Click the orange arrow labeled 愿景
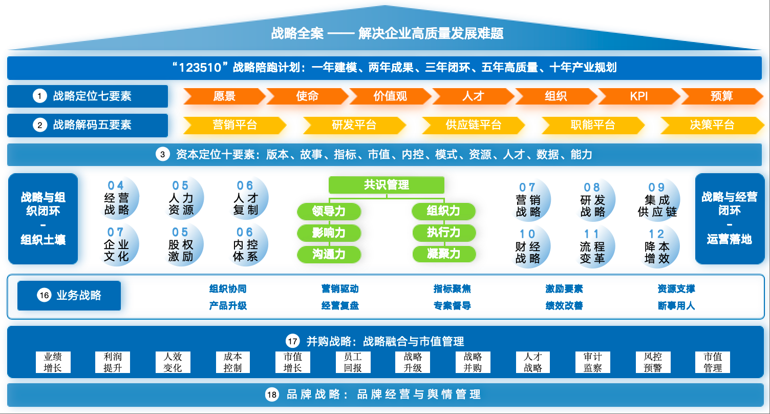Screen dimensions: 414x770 point(224,96)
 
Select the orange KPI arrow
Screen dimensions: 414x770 point(639,96)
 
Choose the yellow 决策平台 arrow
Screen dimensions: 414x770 point(712,125)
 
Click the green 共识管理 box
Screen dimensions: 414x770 point(387,185)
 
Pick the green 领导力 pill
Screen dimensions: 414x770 point(329,211)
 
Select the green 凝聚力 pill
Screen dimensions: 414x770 point(444,254)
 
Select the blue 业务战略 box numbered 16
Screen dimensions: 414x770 point(69,295)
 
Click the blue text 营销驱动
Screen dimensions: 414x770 point(340,289)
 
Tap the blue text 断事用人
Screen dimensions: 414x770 point(676,306)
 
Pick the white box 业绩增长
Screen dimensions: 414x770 point(53,362)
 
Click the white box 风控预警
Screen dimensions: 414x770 point(653,362)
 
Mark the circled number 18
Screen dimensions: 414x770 point(272,395)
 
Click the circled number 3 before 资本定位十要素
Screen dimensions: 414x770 point(162,155)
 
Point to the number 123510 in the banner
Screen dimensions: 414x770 point(203,68)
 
